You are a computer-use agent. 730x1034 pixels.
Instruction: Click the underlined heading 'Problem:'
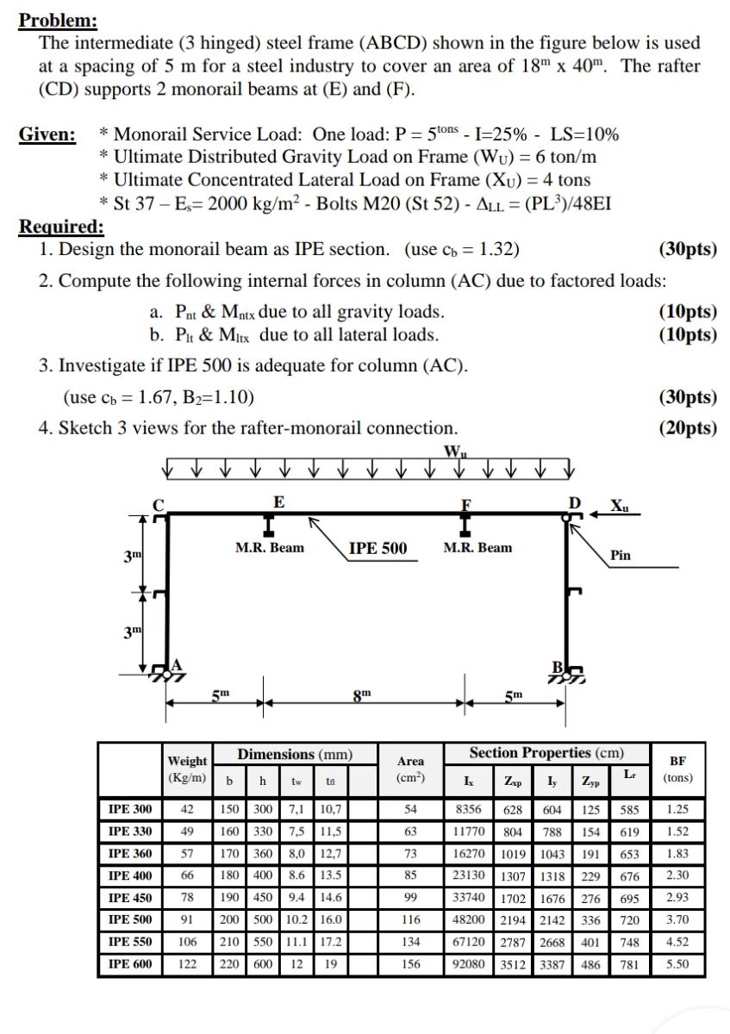tap(58, 20)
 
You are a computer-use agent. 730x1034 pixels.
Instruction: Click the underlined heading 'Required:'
tap(61, 227)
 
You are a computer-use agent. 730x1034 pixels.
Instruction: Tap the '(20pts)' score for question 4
tap(688, 427)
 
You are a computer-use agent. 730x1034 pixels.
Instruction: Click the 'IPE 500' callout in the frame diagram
tap(377, 548)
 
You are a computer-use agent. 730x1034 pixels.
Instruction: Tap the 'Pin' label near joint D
tap(620, 555)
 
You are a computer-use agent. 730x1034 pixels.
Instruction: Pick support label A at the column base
tap(178, 664)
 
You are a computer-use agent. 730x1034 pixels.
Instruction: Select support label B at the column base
tap(558, 665)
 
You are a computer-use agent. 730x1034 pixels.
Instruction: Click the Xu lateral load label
tap(620, 503)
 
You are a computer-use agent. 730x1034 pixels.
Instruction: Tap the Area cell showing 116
tap(411, 919)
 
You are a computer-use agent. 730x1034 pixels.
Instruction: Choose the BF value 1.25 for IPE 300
tap(677, 809)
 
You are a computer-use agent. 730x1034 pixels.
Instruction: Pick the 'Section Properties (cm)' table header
tap(546, 753)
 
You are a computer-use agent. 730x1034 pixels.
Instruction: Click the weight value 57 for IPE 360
tap(187, 854)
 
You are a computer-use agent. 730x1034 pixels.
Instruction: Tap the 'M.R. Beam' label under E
tap(270, 548)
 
